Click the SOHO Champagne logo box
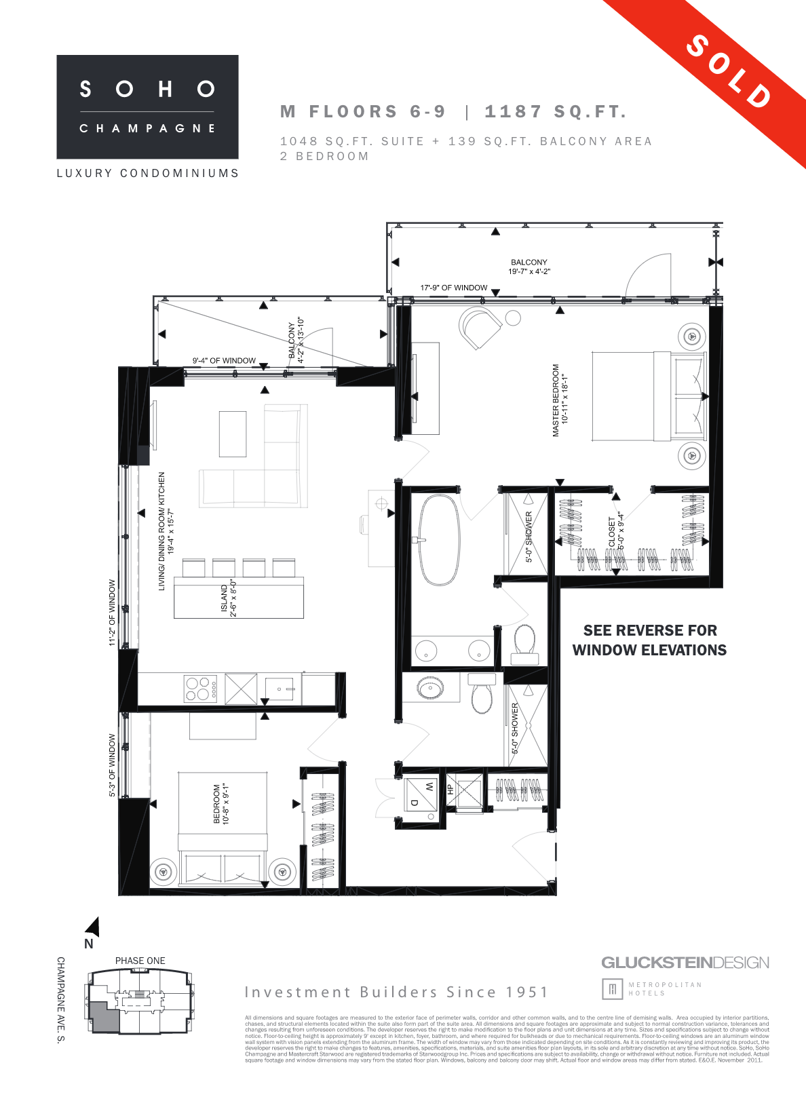(x=147, y=107)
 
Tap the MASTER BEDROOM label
(x=560, y=400)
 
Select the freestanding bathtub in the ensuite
(x=439, y=539)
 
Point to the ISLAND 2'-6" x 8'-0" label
(x=229, y=599)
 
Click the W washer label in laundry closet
(x=429, y=786)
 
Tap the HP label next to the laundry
(x=449, y=790)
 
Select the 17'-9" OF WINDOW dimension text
(x=453, y=288)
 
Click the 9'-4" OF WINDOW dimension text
(x=224, y=361)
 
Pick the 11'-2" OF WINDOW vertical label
(x=113, y=612)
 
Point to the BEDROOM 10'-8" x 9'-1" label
(x=221, y=804)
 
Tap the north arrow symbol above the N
(x=93, y=927)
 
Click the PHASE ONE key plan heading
(x=140, y=961)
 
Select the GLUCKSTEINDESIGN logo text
(x=685, y=963)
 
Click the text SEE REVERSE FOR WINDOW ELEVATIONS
(x=649, y=640)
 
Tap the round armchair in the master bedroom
(x=480, y=328)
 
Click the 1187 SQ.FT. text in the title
(x=555, y=112)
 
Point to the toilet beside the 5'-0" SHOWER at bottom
(x=482, y=696)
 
